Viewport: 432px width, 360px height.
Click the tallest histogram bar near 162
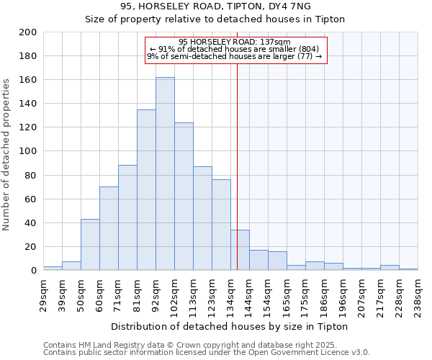click(x=165, y=174)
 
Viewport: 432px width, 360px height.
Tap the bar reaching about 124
click(x=184, y=197)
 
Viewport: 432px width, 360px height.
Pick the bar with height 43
click(x=90, y=245)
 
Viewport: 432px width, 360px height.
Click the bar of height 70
click(x=109, y=229)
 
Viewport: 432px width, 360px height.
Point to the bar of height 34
click(x=240, y=250)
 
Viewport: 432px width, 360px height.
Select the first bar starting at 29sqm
click(x=53, y=268)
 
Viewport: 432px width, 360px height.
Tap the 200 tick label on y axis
click(x=28, y=32)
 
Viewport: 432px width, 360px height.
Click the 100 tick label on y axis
click(x=28, y=151)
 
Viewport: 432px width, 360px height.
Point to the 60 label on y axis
click(x=31, y=199)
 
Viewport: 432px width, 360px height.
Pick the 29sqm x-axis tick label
click(x=44, y=294)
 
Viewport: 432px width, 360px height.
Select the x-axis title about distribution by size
click(x=230, y=326)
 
